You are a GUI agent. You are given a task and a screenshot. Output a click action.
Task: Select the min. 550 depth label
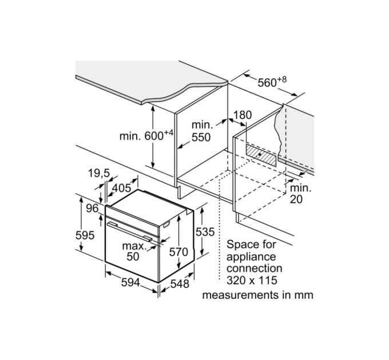[x=201, y=131]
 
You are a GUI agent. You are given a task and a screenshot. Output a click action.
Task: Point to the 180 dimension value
[x=242, y=115]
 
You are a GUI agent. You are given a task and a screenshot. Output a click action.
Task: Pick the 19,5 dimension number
[x=99, y=174]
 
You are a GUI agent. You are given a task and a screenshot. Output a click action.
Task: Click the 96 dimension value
[x=92, y=208]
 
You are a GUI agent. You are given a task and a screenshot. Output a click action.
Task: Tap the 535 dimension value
[x=205, y=232]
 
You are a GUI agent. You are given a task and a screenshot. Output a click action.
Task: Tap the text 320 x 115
[x=252, y=280]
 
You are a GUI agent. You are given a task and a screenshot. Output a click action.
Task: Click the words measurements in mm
[x=257, y=295]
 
